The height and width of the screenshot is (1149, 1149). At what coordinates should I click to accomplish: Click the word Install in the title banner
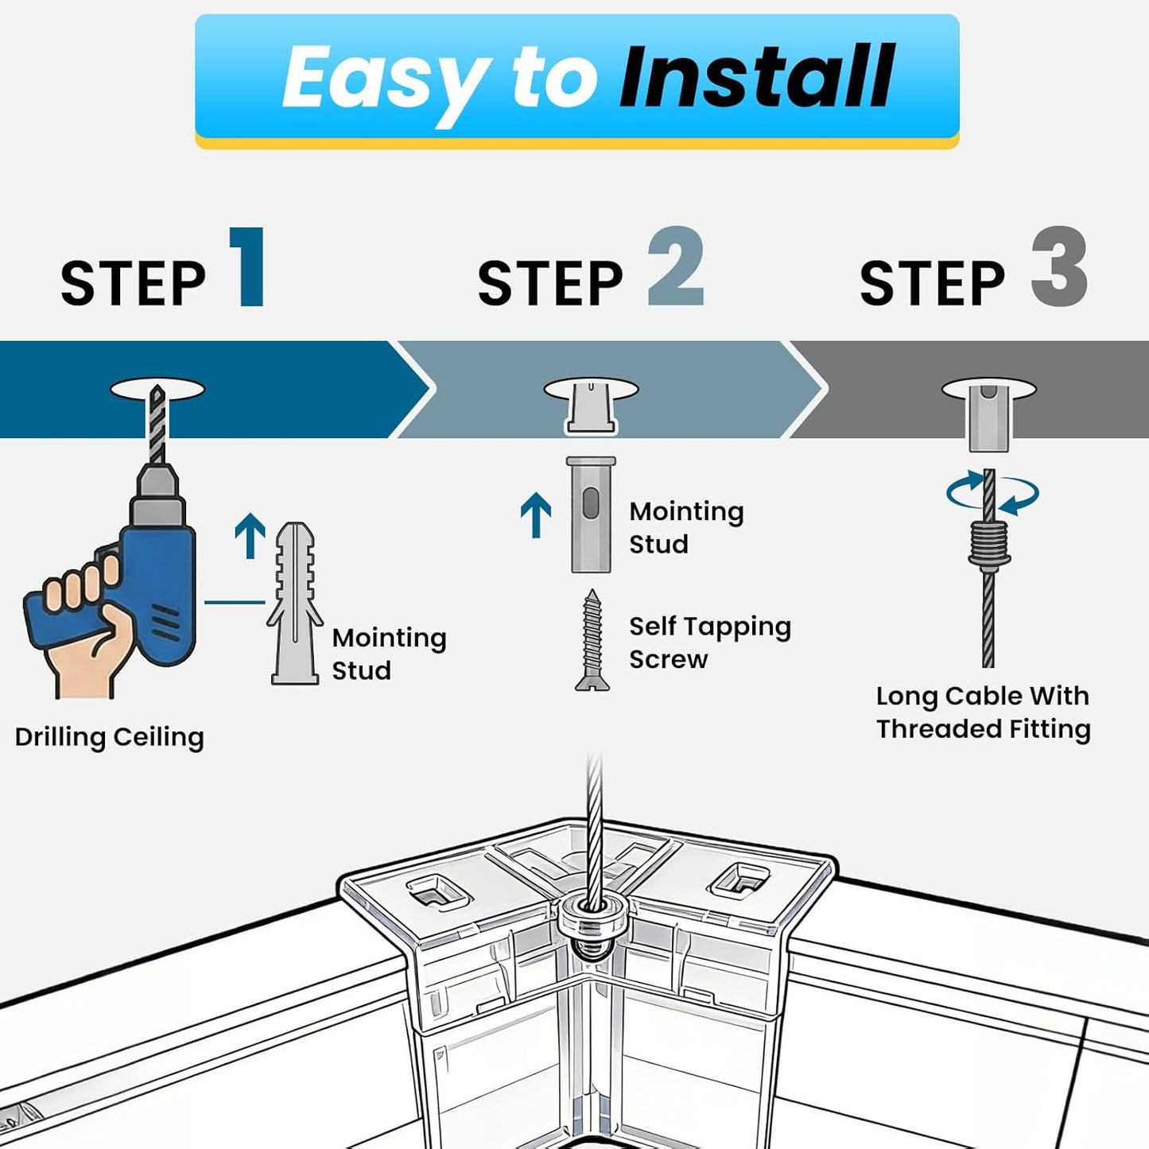756,76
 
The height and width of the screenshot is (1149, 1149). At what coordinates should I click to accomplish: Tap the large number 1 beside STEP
246,266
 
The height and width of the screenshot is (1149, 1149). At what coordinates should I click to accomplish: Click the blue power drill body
158,573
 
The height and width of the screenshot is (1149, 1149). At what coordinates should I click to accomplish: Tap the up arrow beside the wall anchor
250,535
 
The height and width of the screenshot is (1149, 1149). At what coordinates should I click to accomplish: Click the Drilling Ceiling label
110,737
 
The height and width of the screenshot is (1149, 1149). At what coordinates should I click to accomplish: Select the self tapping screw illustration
592,640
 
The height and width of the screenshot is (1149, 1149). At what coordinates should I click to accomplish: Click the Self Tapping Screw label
709,642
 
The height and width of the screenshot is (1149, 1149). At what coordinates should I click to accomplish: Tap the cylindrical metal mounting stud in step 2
590,514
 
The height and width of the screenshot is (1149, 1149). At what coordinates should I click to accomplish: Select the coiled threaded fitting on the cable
989,543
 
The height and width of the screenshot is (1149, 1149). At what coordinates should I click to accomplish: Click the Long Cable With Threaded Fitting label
984,712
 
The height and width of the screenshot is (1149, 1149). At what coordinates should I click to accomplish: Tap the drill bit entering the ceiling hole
157,425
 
